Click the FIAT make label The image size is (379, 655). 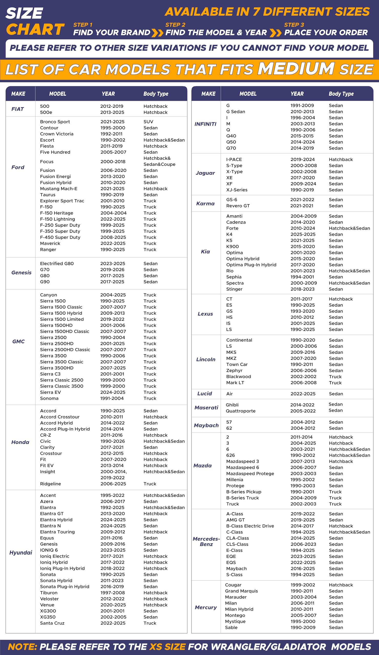pyautogui.click(x=18, y=109)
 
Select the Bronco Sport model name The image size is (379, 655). pyautogui.click(x=55, y=122)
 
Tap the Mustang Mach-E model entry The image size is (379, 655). pyautogui.click(x=59, y=189)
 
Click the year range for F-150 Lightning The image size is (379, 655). pyautogui.click(x=113, y=219)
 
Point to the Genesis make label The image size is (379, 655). pyautogui.click(x=21, y=272)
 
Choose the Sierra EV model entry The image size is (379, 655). pyautogui.click(x=50, y=392)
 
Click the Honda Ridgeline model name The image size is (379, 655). pyautogui.click(x=50, y=484)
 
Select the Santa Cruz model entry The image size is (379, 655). pyautogui.click(x=52, y=623)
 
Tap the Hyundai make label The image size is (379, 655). pyautogui.click(x=20, y=552)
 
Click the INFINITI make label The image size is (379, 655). pyautogui.click(x=205, y=124)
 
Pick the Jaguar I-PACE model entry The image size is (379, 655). pyautogui.click(x=234, y=159)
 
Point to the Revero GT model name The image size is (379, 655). pyautogui.click(x=238, y=206)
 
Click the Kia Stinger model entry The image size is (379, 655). pyautogui.click(x=234, y=289)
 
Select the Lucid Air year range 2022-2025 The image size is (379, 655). pyautogui.click(x=303, y=394)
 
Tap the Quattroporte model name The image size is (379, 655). pyautogui.click(x=241, y=411)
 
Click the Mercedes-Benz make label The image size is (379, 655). pyautogui.click(x=206, y=541)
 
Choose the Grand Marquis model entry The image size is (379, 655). pyautogui.click(x=241, y=591)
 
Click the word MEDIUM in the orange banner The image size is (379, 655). pyautogui.click(x=296, y=69)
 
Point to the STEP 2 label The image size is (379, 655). pyautogui.click(x=175, y=25)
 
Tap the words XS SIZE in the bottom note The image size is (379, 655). pyautogui.click(x=167, y=647)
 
